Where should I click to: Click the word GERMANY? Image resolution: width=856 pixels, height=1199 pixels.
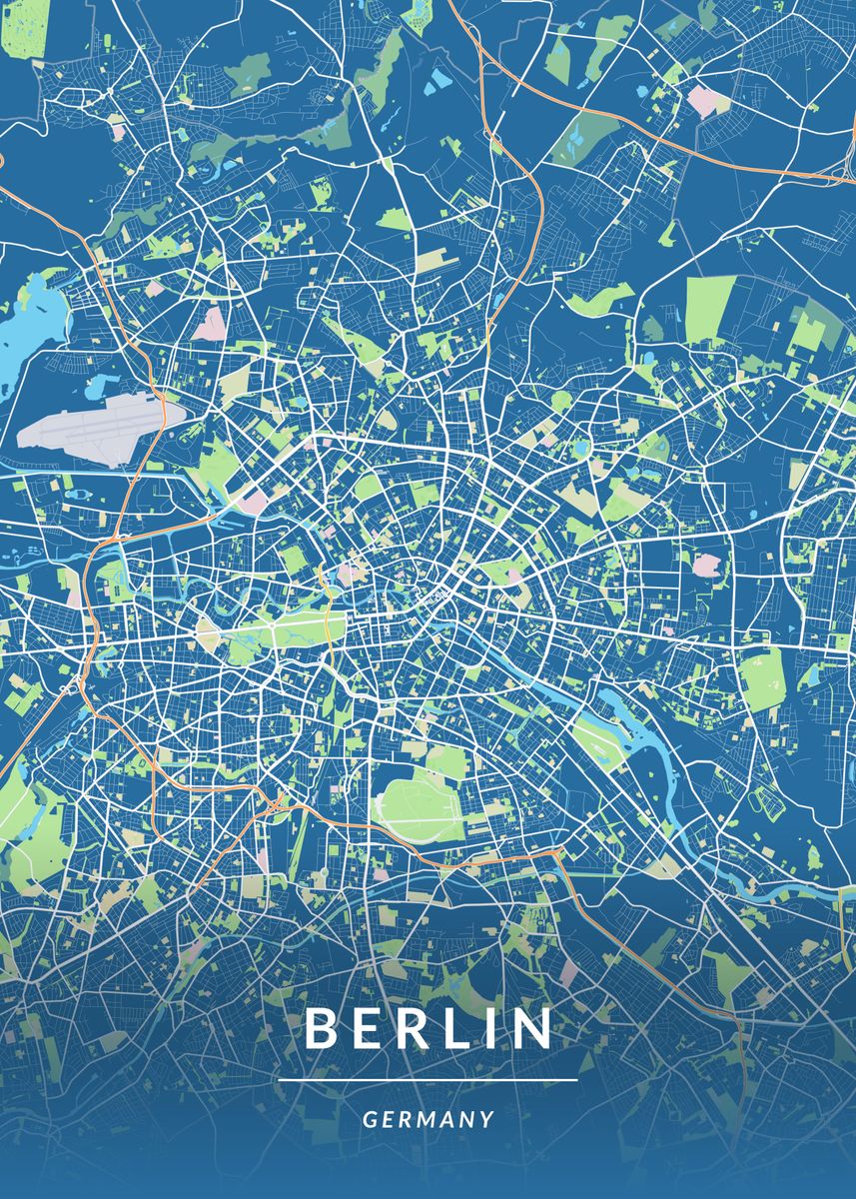click(428, 1119)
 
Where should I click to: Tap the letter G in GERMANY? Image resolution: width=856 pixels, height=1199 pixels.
click(369, 1119)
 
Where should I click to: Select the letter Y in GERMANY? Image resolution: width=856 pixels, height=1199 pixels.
click(487, 1119)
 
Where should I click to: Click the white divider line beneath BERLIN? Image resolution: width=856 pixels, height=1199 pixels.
click(428, 1080)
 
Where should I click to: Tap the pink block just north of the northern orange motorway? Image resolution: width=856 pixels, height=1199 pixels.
click(705, 100)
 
